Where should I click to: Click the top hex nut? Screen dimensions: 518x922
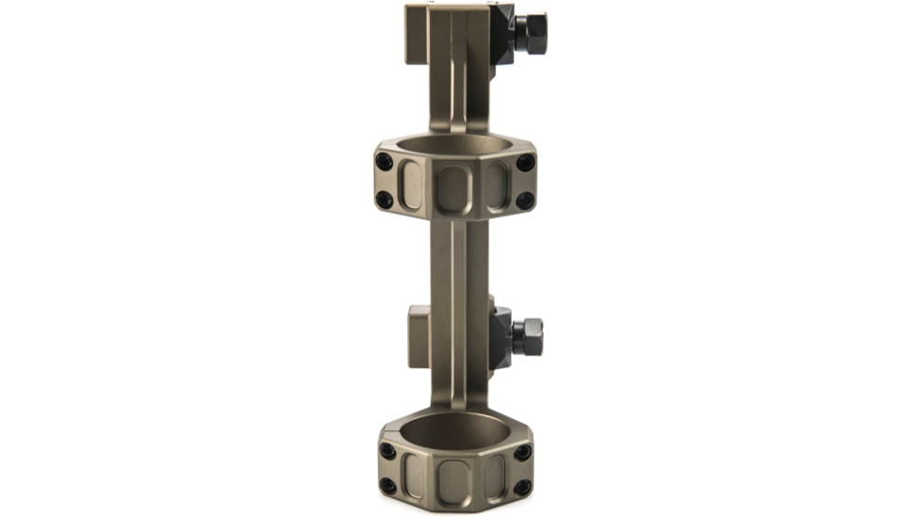[x=531, y=33]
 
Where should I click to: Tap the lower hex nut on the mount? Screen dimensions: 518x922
[x=528, y=336]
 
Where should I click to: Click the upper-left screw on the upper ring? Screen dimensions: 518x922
[x=384, y=162]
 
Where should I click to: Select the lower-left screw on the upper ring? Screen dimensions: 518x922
[x=384, y=200]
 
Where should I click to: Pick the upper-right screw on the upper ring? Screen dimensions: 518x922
[x=525, y=163]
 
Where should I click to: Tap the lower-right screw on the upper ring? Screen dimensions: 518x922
[x=525, y=201]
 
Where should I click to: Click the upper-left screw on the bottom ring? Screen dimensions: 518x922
[x=387, y=451]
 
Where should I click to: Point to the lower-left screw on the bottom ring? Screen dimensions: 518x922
[x=387, y=486]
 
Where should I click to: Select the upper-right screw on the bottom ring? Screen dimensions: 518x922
[x=522, y=452]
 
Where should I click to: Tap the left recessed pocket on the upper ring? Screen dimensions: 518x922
[x=412, y=185]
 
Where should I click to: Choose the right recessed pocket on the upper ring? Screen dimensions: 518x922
[x=497, y=186]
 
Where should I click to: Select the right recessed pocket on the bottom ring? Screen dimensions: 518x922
[x=496, y=473]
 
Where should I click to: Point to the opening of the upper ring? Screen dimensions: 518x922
[x=454, y=147]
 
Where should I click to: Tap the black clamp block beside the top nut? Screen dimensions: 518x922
[x=502, y=35]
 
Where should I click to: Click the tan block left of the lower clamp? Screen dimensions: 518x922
[x=420, y=336]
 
